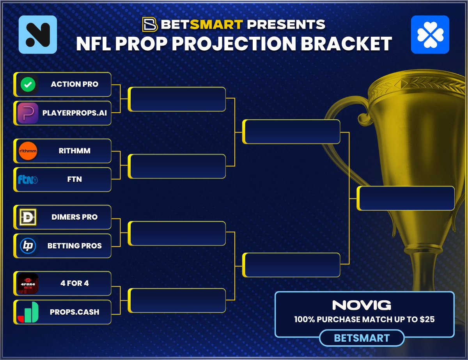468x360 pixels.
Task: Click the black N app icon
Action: (38, 35)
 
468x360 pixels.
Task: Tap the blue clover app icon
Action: (430, 35)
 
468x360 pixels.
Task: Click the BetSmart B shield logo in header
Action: (149, 24)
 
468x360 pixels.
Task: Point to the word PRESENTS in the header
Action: (287, 25)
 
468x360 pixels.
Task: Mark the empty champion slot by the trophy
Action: (406, 199)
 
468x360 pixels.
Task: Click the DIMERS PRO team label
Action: (74, 217)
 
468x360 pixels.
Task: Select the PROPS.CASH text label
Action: (74, 312)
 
